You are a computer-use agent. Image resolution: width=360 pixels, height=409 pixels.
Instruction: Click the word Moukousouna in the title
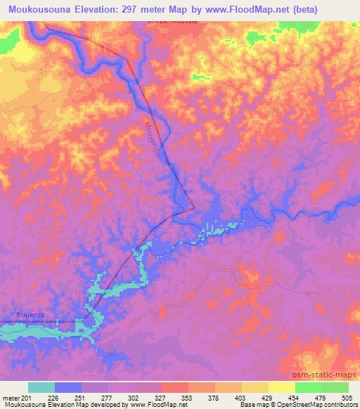[x=39, y=10]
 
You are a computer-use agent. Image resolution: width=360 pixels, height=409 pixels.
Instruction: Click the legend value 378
[x=214, y=398]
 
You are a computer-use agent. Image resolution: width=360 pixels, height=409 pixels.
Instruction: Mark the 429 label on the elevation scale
[x=268, y=398]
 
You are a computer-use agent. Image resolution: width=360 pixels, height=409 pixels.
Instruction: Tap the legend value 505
[x=347, y=398]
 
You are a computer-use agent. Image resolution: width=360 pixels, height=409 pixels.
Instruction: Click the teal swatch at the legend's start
[x=41, y=388]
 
